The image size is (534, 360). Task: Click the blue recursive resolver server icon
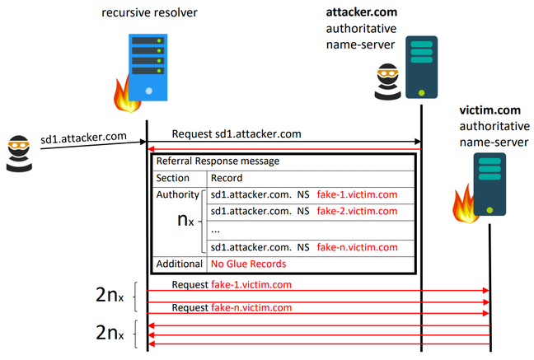(x=147, y=67)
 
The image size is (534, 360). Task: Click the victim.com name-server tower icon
(x=489, y=186)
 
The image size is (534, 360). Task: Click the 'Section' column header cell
(x=173, y=178)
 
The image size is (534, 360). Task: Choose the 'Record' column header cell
(x=227, y=178)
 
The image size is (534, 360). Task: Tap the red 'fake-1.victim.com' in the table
(x=356, y=195)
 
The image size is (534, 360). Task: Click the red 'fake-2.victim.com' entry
(x=356, y=212)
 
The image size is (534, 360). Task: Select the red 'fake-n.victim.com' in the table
(x=356, y=246)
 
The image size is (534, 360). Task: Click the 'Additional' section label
(x=179, y=264)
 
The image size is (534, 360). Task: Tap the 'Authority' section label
(x=177, y=195)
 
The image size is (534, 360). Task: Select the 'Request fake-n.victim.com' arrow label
(x=232, y=307)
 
